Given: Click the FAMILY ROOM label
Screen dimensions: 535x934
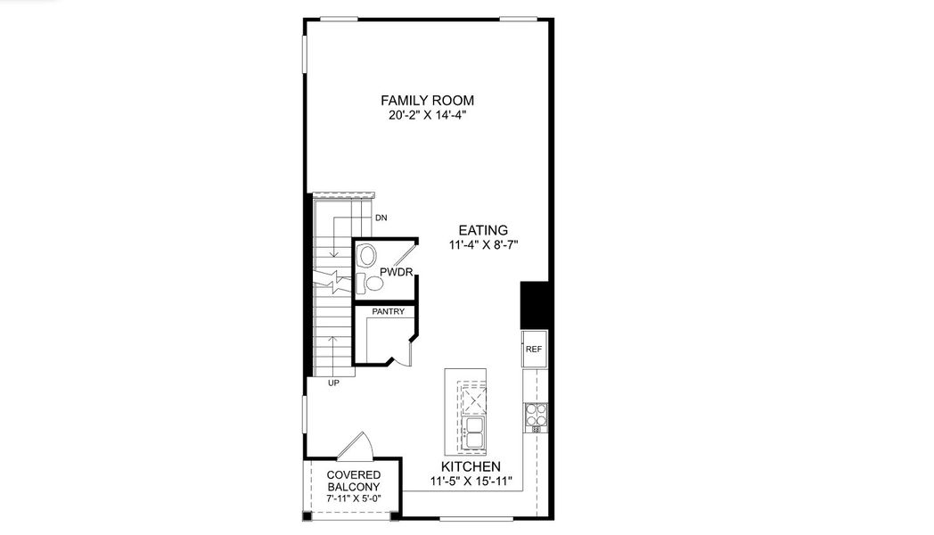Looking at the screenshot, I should pos(427,100).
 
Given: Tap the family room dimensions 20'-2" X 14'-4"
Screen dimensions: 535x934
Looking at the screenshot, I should pos(427,115).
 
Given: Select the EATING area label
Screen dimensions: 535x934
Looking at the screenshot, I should pos(484,229).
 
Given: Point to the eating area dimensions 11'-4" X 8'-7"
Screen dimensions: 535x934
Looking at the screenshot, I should pos(484,244).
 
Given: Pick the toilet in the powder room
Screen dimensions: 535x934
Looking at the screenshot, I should pos(366,258).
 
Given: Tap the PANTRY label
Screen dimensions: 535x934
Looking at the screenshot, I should pos(389,312).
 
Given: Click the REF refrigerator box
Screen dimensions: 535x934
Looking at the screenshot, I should pos(533,349).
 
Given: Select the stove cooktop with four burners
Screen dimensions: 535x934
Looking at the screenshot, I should pos(536,414).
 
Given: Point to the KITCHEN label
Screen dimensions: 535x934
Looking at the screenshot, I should pos(471,467).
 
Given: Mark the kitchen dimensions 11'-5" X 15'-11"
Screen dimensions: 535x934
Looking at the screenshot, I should pos(471,482).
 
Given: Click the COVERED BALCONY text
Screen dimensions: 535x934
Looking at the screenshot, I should pos(354,481).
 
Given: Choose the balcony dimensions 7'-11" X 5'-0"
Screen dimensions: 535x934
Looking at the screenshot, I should pos(354,499).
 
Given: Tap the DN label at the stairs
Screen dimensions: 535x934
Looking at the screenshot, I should pos(381,217).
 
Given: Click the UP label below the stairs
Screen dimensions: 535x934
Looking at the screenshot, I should pos(334,383).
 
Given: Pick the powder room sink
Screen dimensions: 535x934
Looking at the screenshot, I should pos(375,284).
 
